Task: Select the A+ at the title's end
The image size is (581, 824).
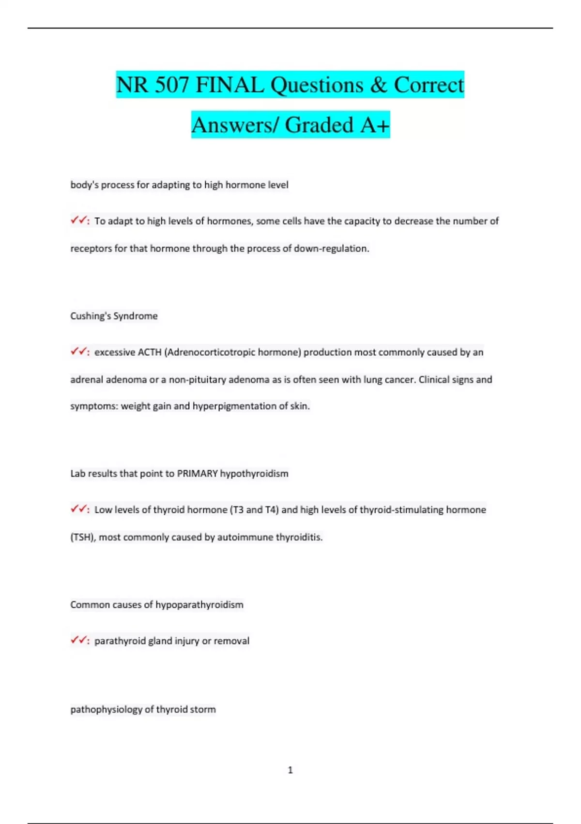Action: pos(374,126)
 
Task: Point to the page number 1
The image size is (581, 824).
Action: pos(290,770)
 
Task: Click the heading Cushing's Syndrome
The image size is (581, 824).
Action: pos(114,316)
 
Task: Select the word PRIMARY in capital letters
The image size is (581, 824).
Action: pos(198,474)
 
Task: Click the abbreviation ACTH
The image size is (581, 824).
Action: pos(150,352)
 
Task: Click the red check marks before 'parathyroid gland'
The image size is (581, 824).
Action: pos(78,640)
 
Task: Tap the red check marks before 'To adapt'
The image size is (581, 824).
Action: pos(78,221)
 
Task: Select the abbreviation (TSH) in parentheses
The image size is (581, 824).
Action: pos(82,537)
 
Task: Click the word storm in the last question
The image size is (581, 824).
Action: pos(203,710)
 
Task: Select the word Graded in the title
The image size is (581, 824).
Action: pos(319,126)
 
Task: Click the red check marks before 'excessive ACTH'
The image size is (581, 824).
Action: pos(78,352)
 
